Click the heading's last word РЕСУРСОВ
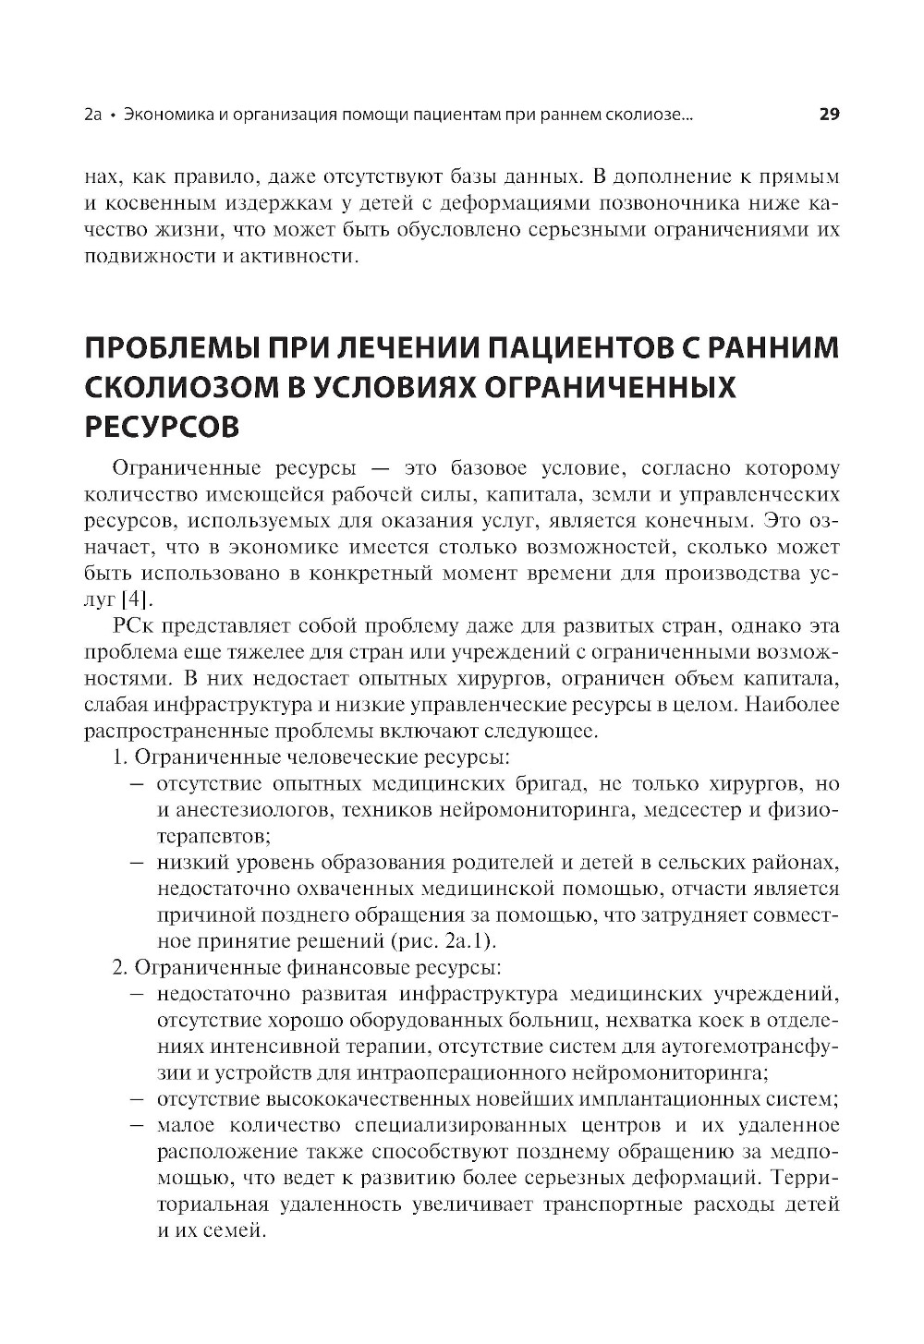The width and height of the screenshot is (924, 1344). pyautogui.click(x=162, y=428)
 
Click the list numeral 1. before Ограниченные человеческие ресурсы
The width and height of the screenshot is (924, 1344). pyautogui.click(x=119, y=758)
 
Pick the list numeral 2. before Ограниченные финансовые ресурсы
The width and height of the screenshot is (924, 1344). pyautogui.click(x=119, y=968)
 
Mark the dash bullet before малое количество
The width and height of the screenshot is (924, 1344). pyautogui.click(x=137, y=1127)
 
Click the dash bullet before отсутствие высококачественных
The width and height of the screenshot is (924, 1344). pyautogui.click(x=137, y=1100)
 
